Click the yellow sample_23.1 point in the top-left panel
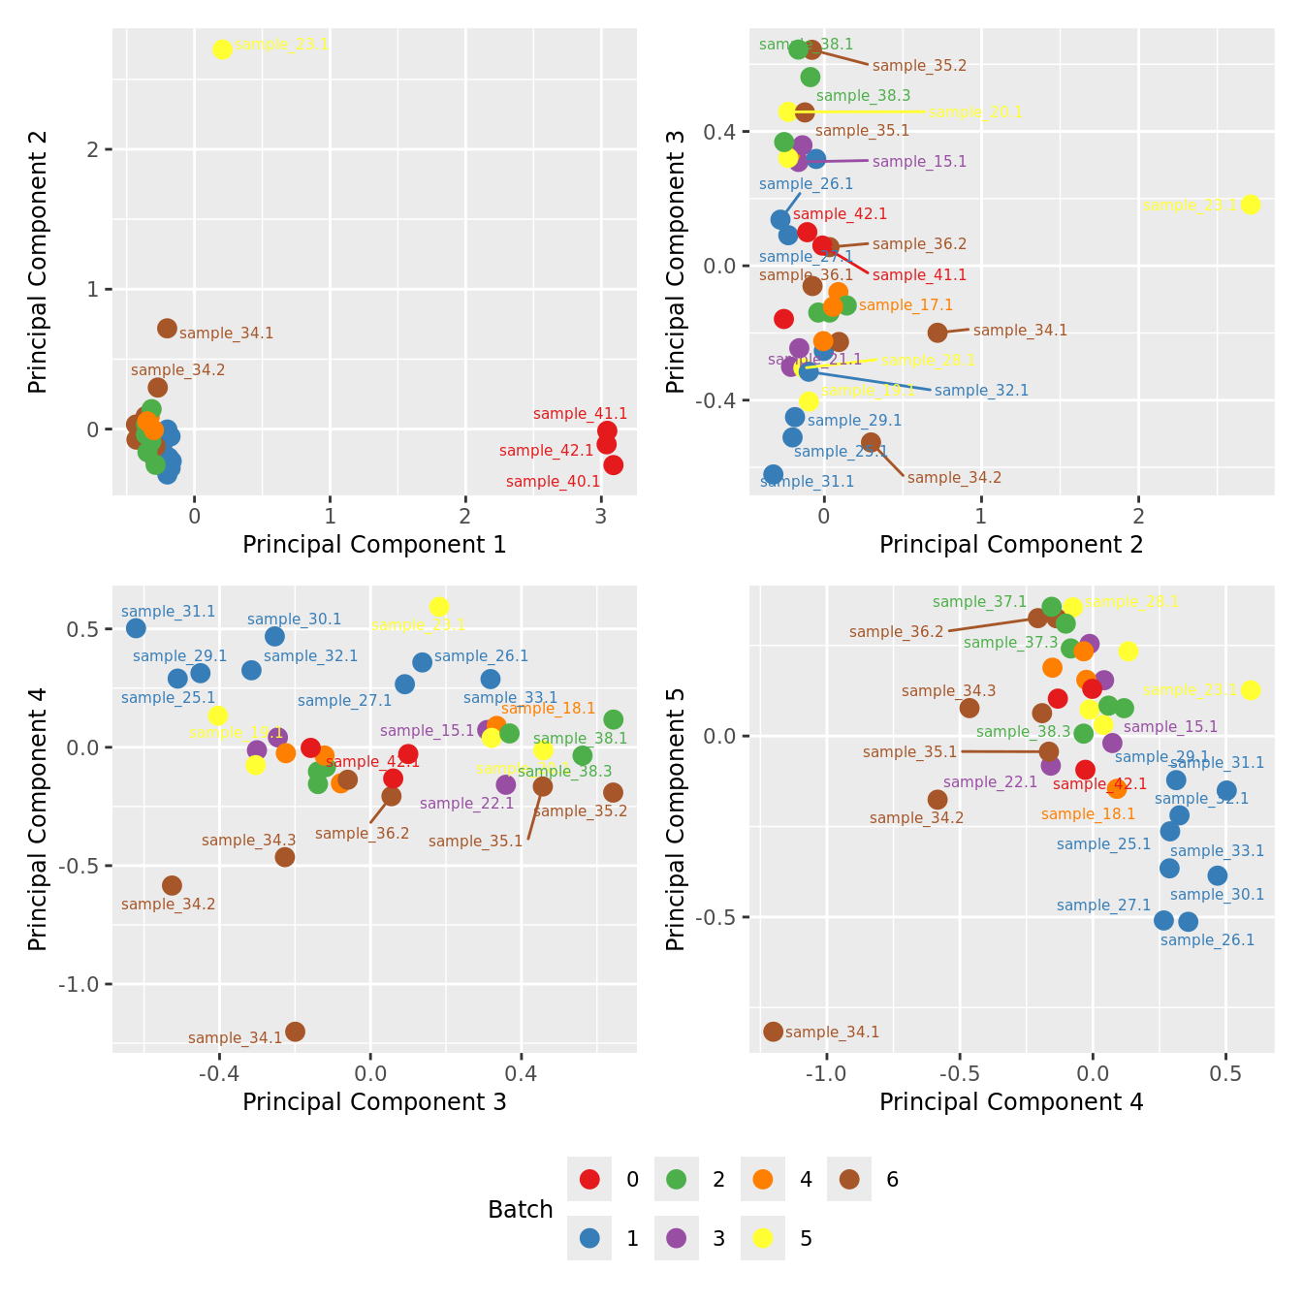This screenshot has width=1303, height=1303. tap(222, 49)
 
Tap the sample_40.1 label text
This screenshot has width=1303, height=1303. tap(553, 482)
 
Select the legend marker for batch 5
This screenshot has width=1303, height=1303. tap(762, 1238)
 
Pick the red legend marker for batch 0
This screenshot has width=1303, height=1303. tap(589, 1179)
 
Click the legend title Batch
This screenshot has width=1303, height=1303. tap(521, 1210)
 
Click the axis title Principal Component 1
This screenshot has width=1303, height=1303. tap(374, 545)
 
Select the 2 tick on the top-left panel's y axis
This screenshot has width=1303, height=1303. tap(94, 149)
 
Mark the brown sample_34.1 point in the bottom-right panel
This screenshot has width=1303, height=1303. tap(773, 1032)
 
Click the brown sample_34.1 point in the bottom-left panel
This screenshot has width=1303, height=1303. tap(295, 1032)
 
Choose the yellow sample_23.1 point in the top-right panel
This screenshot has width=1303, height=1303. tap(1251, 205)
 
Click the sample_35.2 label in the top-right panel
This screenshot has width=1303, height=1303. tap(919, 66)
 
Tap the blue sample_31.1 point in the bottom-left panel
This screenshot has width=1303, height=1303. tap(136, 628)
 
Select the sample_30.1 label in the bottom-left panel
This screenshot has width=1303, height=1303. tap(294, 620)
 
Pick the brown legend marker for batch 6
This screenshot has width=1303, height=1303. tap(849, 1179)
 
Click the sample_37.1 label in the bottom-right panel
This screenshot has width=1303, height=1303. tap(979, 602)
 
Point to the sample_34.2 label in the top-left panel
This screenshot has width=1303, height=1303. tap(177, 370)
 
